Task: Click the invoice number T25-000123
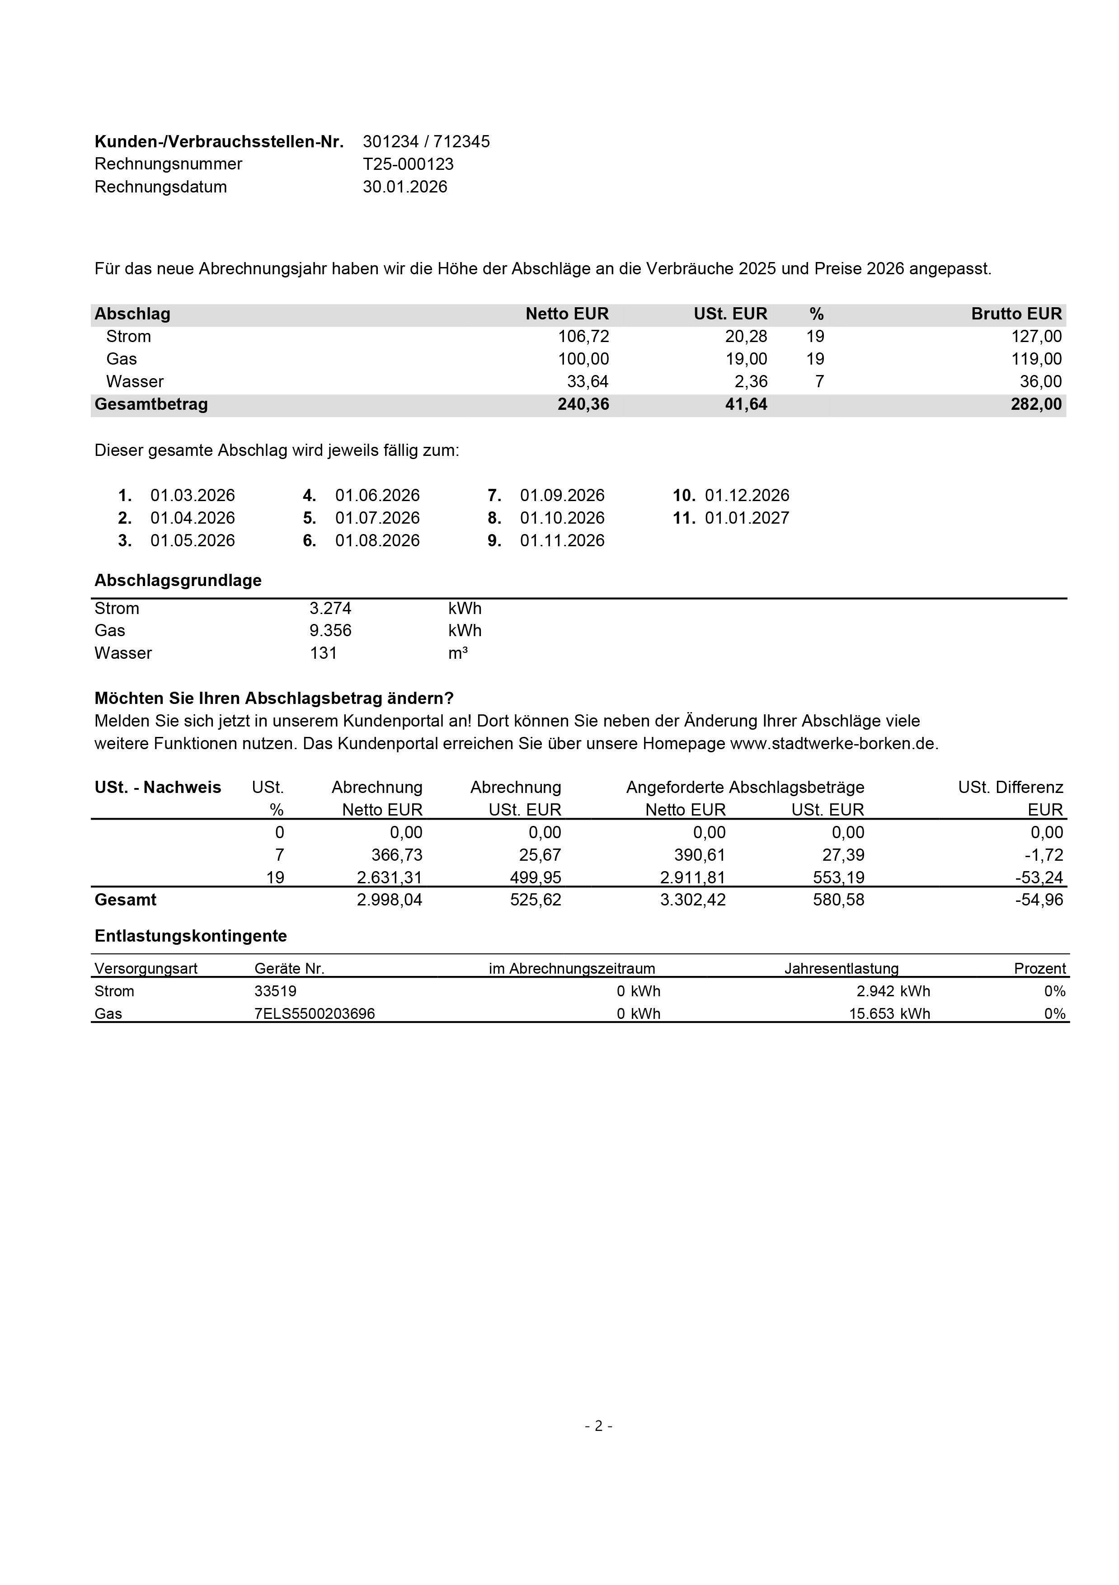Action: click(x=408, y=164)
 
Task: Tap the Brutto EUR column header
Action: click(x=1016, y=314)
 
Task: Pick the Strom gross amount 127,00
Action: click(x=1036, y=337)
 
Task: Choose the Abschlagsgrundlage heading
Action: click(x=178, y=581)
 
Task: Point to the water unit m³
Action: click(x=458, y=653)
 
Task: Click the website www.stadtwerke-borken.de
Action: click(x=834, y=744)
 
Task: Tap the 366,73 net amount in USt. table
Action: click(x=396, y=855)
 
